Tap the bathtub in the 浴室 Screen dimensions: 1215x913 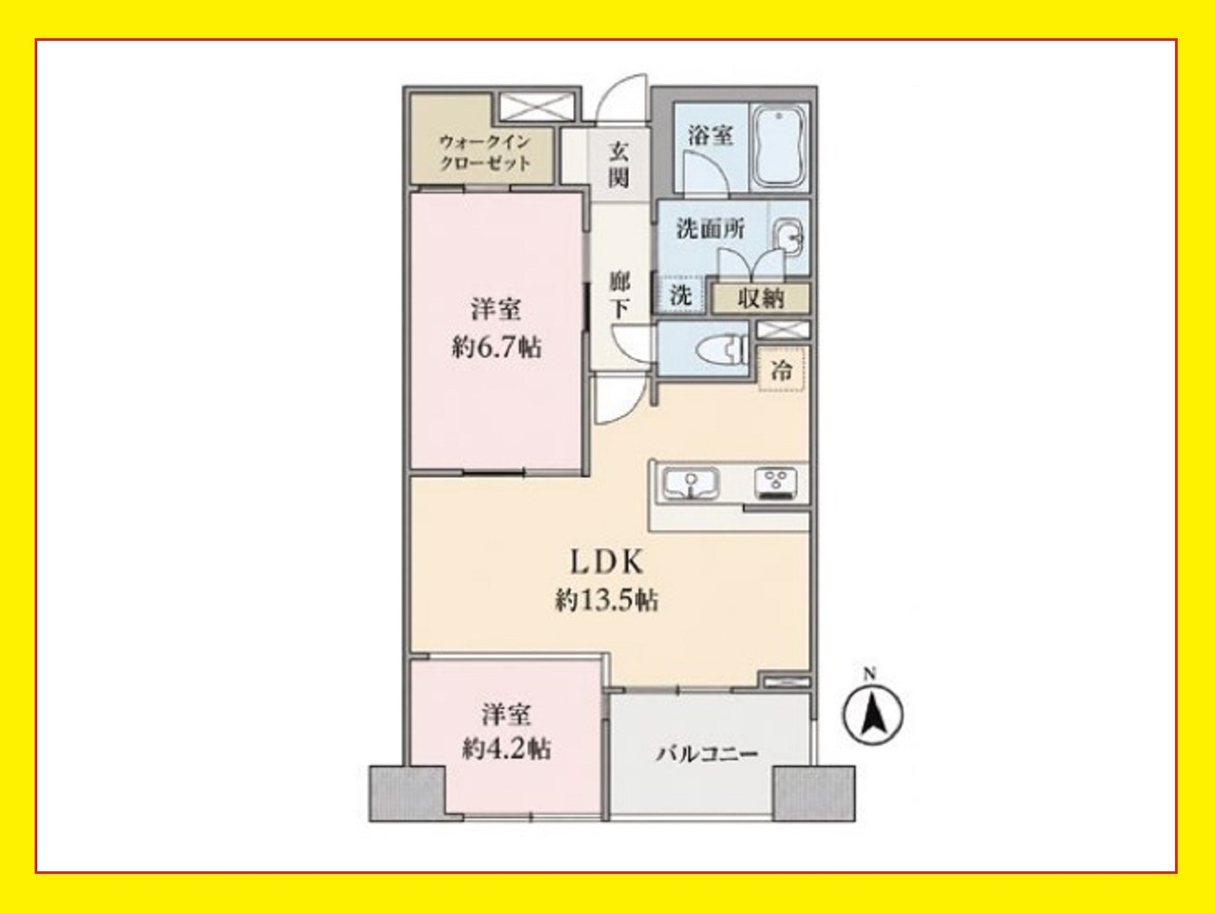779,149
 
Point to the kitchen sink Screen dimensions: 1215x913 691,483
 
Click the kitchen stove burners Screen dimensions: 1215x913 775,483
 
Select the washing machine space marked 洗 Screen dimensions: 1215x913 681,295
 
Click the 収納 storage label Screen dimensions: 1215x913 761,298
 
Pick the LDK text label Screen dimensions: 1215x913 607,562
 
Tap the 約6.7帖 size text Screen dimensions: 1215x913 497,348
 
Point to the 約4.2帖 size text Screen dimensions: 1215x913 506,750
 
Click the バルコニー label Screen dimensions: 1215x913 707,753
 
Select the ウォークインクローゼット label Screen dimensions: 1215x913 484,153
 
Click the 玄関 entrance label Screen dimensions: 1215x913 618,164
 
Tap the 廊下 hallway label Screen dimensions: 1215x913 619,295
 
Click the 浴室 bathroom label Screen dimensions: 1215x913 711,136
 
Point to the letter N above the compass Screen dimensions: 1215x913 870,674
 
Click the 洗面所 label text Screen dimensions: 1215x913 711,229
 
